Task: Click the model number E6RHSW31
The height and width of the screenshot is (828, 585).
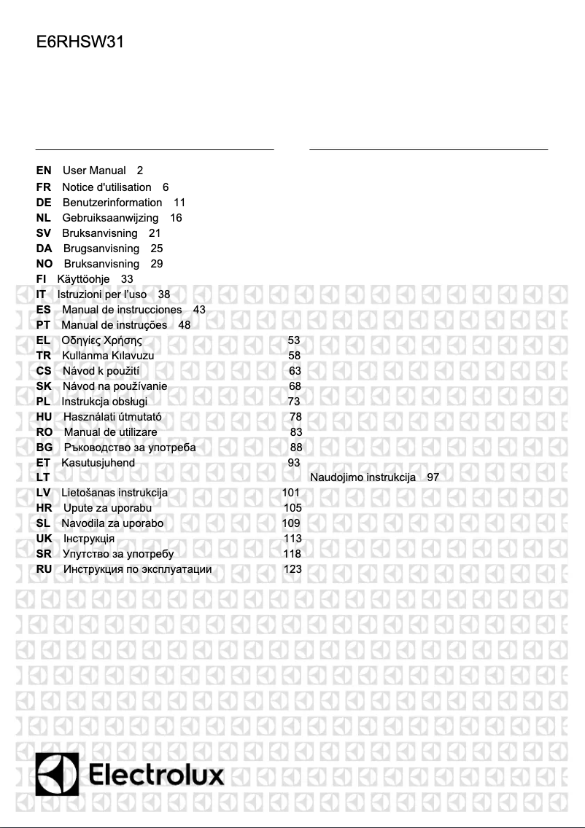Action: click(x=80, y=42)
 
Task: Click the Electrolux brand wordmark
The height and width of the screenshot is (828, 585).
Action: click(x=157, y=776)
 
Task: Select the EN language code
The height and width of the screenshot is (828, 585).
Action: click(x=44, y=171)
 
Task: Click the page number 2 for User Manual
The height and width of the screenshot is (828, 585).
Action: click(x=140, y=171)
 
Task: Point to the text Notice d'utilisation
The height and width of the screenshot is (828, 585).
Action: click(x=106, y=187)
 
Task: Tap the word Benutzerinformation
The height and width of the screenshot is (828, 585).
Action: click(x=112, y=203)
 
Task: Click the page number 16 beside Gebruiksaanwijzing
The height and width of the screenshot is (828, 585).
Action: click(x=176, y=218)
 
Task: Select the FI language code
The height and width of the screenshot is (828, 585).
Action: click(x=41, y=279)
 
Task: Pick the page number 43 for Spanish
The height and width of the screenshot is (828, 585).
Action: click(x=199, y=310)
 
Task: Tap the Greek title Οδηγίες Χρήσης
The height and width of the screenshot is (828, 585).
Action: click(x=101, y=340)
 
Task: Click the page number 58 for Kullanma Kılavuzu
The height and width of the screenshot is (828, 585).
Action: click(x=294, y=356)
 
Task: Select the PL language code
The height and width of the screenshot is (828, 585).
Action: click(x=43, y=402)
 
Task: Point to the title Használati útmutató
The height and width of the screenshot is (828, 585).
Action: click(x=112, y=417)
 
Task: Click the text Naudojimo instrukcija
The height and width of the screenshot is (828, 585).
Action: click(x=363, y=477)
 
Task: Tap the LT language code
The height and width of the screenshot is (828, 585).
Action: click(x=43, y=477)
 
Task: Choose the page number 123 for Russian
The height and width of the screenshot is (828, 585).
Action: click(x=292, y=569)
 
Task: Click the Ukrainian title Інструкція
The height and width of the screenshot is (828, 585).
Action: click(x=89, y=539)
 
